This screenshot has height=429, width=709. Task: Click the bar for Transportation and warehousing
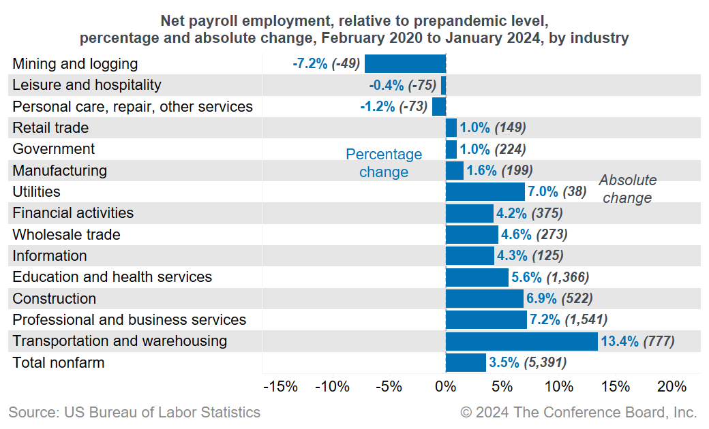point(522,341)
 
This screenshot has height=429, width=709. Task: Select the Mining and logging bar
point(405,64)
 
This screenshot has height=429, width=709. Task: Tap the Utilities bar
point(485,192)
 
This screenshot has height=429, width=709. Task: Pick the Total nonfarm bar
point(466,362)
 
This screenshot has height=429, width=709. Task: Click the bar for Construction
point(484,298)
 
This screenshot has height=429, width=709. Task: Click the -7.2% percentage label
point(310,64)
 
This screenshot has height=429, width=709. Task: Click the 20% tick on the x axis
point(672,387)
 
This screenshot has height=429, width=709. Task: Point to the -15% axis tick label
point(280,387)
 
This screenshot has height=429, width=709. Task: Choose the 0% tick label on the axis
point(445,387)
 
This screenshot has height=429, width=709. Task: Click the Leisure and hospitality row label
point(87,85)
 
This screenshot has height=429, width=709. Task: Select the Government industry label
point(54,149)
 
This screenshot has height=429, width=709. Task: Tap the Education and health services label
point(112,277)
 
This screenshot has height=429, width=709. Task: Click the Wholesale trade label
point(67,235)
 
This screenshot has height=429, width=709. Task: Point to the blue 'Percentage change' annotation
point(384,163)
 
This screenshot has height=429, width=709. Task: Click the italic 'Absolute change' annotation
point(627,189)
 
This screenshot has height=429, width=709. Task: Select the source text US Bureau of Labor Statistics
point(134,413)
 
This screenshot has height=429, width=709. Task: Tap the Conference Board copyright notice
point(578,413)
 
